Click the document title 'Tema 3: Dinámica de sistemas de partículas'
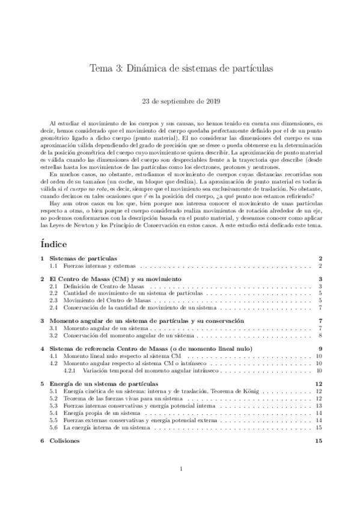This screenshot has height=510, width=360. (180, 69)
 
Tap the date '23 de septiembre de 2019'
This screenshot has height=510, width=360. (180, 102)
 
